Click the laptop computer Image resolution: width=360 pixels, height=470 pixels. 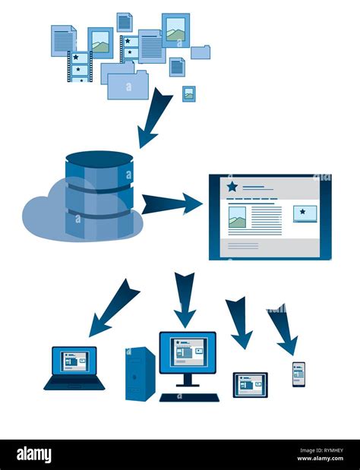[x=74, y=367]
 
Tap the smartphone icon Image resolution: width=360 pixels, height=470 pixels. [x=298, y=374]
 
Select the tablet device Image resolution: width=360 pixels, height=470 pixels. [x=250, y=384]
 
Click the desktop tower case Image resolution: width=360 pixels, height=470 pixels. [x=140, y=374]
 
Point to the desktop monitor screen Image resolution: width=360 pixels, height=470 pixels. [x=188, y=352]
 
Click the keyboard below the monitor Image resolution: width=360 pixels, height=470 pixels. [x=189, y=397]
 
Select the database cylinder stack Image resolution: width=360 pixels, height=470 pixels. [x=99, y=194]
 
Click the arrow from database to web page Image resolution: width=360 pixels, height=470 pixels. [x=172, y=203]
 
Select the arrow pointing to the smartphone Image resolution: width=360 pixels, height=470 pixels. [x=282, y=329]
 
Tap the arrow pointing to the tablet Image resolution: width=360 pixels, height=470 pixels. [x=238, y=322]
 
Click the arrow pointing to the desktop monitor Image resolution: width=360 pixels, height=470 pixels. [x=185, y=298]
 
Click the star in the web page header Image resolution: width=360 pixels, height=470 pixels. [x=232, y=187]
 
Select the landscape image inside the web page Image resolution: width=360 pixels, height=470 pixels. [x=237, y=217]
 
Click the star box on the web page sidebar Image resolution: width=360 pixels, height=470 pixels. [x=305, y=213]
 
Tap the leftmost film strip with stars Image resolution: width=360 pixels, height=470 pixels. [x=80, y=66]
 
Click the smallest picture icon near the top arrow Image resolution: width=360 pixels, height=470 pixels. [x=189, y=93]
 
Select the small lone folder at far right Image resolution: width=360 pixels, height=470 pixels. [x=201, y=52]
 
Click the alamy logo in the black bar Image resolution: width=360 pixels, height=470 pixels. [x=34, y=455]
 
